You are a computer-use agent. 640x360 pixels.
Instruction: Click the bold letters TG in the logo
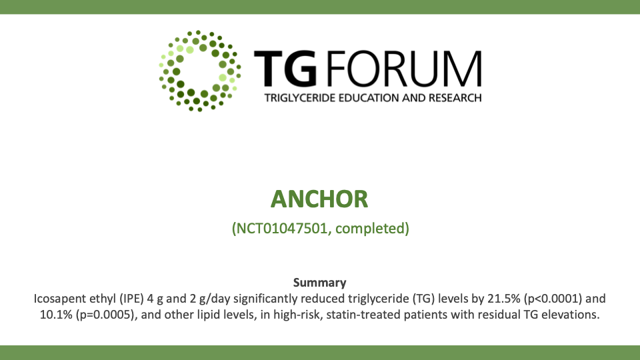(x=285, y=69)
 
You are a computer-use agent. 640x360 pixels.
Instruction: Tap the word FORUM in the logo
(x=405, y=69)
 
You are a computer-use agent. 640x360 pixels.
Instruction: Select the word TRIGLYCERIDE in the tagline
(x=299, y=98)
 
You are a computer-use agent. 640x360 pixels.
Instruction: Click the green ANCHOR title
(x=319, y=199)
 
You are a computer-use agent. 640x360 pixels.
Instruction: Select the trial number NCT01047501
(x=282, y=228)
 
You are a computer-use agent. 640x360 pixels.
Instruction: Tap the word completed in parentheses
(x=370, y=229)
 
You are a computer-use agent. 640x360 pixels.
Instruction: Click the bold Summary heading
(x=319, y=283)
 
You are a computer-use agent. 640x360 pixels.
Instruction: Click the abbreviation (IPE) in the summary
(x=131, y=299)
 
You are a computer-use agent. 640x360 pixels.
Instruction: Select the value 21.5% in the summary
(x=504, y=299)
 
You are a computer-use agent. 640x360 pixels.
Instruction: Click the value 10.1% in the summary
(x=56, y=315)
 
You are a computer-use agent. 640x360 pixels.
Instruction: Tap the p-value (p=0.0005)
(x=105, y=315)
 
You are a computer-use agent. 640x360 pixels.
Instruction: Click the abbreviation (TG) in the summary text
(x=423, y=299)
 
